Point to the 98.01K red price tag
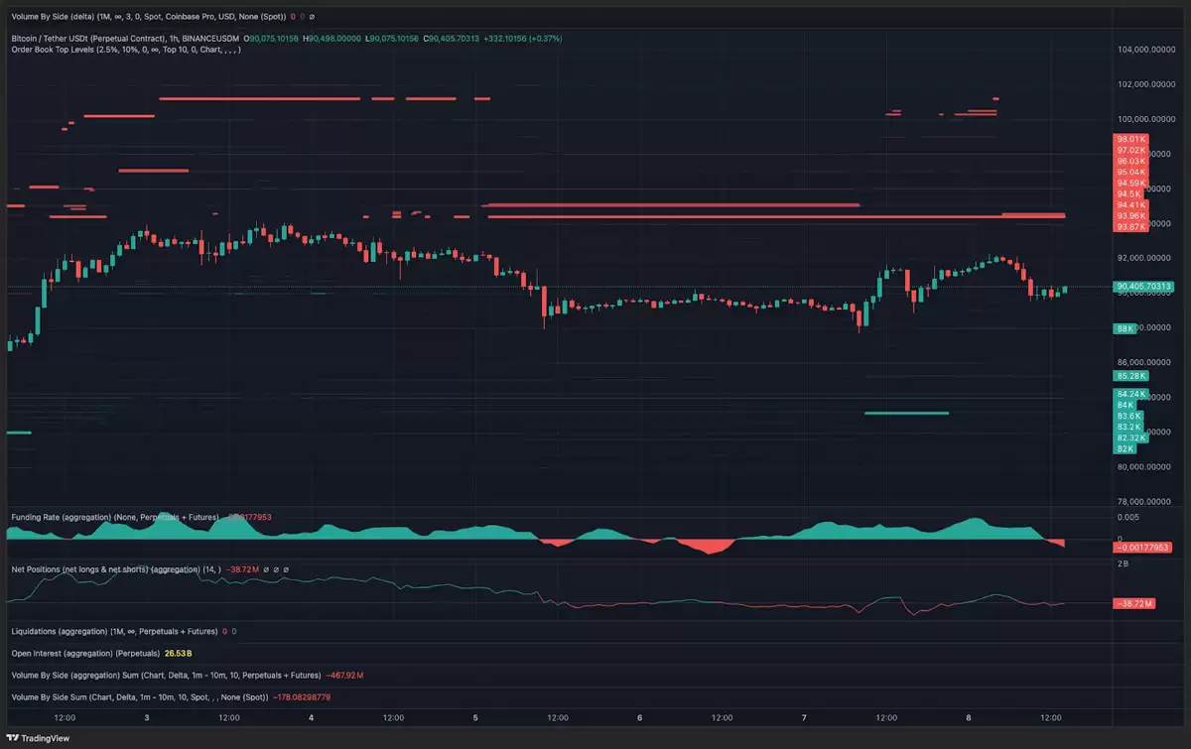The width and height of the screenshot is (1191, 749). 1130,139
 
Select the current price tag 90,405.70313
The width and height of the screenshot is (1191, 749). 1144,287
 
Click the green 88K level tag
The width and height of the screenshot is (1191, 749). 1125,327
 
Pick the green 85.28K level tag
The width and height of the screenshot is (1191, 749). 1130,376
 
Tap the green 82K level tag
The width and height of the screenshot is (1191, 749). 1125,448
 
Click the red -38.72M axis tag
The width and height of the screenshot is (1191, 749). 1133,603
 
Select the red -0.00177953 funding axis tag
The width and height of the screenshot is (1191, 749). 1143,547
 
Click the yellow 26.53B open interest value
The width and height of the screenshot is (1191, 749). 179,654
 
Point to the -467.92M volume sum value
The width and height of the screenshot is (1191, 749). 344,676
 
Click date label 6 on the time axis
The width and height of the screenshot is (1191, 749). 640,717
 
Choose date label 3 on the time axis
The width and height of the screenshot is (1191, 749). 147,717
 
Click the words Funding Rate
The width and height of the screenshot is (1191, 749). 39,517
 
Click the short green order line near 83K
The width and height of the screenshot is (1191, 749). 906,413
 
